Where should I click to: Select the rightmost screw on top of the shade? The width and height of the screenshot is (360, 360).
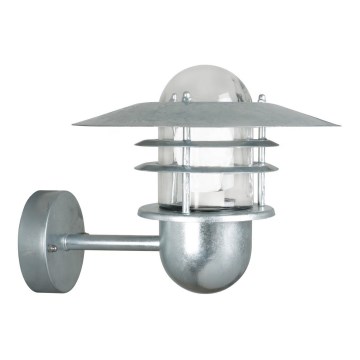261,99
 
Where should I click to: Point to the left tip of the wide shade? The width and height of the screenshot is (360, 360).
76,124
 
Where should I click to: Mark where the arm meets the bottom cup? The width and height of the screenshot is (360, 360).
161,241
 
